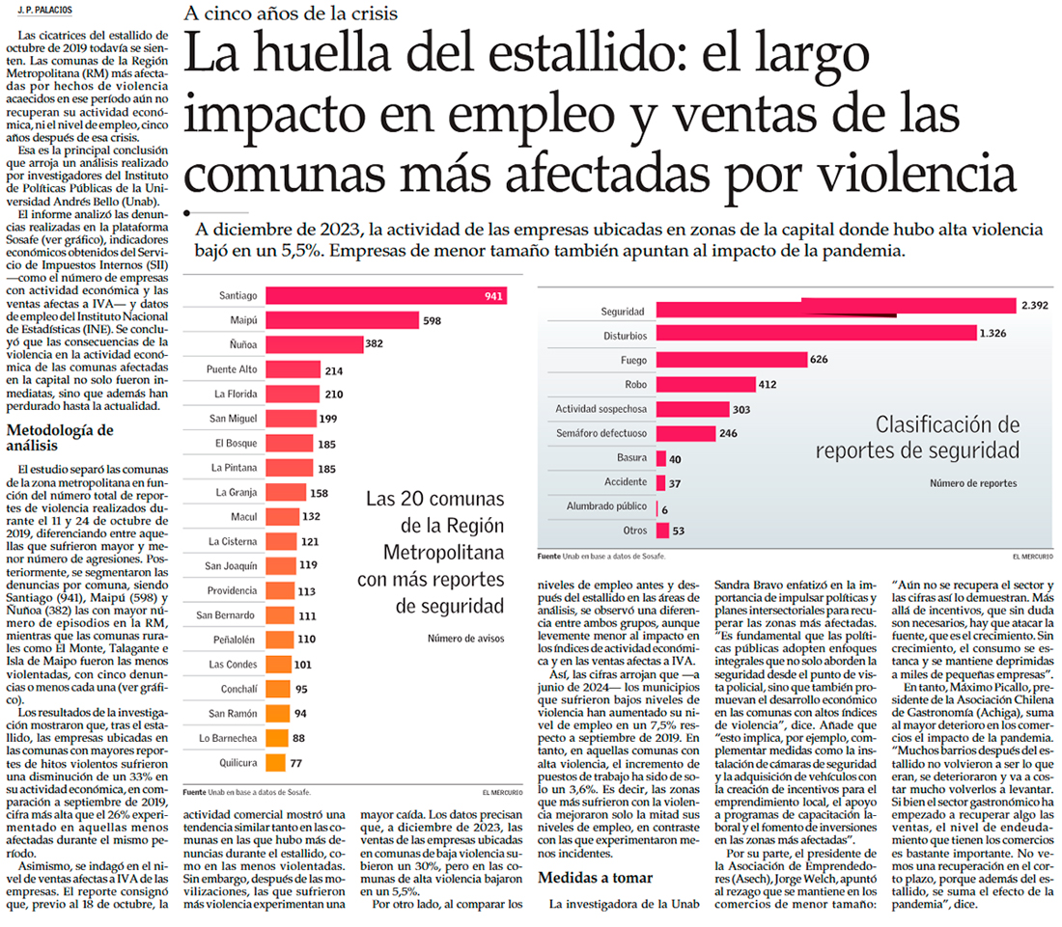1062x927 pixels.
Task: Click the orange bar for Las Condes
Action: tap(277, 664)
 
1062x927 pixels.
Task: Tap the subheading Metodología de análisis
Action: tap(59, 437)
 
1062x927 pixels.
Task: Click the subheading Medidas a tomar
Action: tap(595, 878)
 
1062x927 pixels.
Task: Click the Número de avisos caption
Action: tap(465, 638)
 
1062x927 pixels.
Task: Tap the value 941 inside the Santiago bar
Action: tap(493, 295)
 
